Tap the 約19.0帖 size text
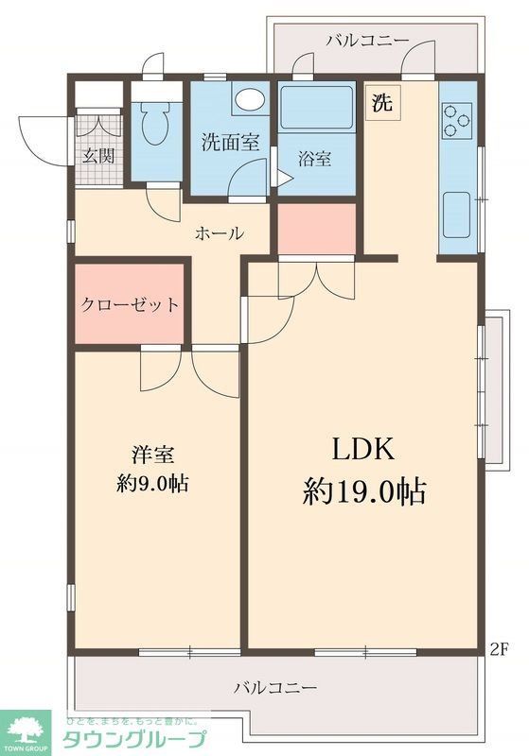364,491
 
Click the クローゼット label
130,305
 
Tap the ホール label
220,233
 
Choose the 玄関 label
96,156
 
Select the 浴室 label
316,159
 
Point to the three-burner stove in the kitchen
457,121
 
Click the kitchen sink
457,212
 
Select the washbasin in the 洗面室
248,100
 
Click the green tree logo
27,729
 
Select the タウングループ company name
133,738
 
